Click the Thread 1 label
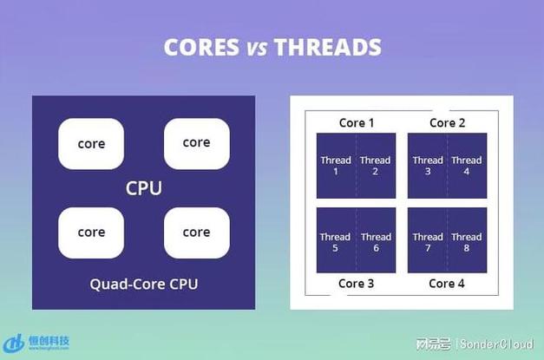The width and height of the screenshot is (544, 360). click(x=336, y=165)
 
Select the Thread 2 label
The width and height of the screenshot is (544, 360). click(x=376, y=165)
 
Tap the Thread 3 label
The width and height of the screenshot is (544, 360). click(x=428, y=165)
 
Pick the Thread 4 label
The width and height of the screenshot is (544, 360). click(x=467, y=165)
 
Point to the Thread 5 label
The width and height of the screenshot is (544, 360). click(x=335, y=241)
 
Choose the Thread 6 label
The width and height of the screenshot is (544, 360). click(x=376, y=241)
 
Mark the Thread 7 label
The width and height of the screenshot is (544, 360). click(x=428, y=241)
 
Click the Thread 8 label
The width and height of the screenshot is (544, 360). click(x=467, y=241)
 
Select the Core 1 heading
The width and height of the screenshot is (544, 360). click(x=357, y=122)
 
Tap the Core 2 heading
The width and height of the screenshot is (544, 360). click(x=448, y=122)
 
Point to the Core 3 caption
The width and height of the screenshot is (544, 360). click(x=357, y=283)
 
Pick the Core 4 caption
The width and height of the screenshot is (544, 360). click(x=448, y=283)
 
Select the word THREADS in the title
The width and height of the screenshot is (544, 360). click(x=328, y=47)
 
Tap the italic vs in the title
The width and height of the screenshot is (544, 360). click(x=257, y=48)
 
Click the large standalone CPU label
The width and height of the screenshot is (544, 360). click(x=144, y=188)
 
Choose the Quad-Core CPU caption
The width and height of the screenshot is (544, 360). click(x=144, y=283)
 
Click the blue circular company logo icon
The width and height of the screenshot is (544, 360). click(x=15, y=344)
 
